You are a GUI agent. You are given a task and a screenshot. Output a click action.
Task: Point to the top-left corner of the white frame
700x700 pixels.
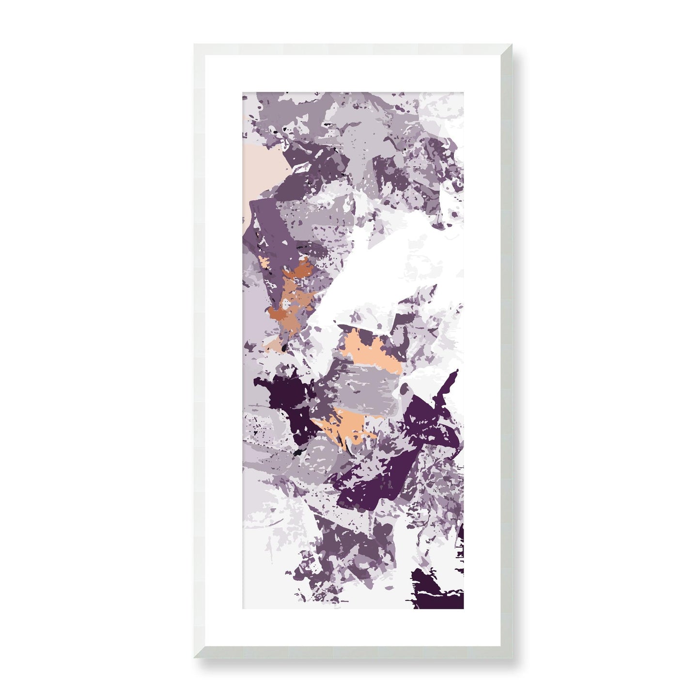point(195,45)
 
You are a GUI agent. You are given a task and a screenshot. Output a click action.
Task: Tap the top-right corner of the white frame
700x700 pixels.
point(512,45)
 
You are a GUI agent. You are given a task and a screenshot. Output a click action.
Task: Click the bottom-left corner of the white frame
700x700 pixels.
point(195,657)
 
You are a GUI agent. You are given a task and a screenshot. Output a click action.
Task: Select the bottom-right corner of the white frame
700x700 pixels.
point(512,657)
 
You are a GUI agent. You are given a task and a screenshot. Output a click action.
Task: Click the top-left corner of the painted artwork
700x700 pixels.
point(243,92)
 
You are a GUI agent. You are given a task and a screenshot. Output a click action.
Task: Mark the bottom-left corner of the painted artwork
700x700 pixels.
point(243,609)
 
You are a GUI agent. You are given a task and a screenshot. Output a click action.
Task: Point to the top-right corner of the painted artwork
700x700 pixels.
point(463,92)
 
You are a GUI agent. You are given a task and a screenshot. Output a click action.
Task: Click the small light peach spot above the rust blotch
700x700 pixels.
point(264,262)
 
